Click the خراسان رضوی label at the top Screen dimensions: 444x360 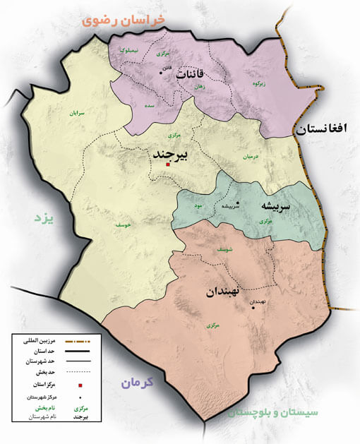coord(124,20)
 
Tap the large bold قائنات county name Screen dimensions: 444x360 coord(191,74)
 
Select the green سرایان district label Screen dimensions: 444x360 coord(75,112)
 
